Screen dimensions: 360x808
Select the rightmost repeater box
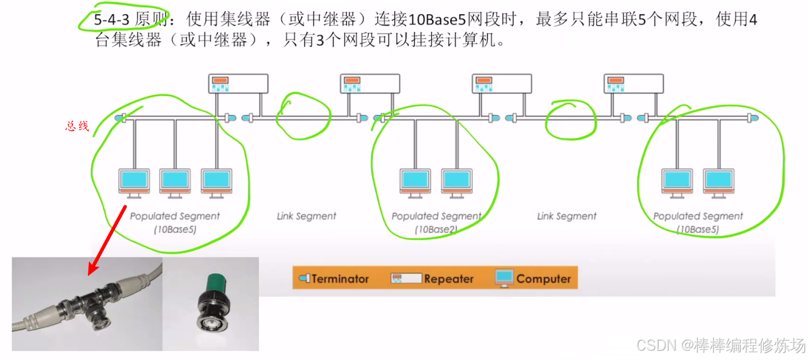click(x=634, y=84)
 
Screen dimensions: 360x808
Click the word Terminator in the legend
click(x=340, y=279)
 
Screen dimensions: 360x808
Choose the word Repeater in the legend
click(x=449, y=279)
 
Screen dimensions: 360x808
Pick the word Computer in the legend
click(x=543, y=279)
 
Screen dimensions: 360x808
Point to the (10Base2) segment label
click(x=436, y=230)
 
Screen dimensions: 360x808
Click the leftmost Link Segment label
click(x=307, y=216)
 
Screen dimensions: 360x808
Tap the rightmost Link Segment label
click(x=567, y=216)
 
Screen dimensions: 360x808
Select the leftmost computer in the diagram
click(x=134, y=183)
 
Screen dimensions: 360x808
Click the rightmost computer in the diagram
click(x=718, y=183)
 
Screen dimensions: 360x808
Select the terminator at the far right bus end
click(x=751, y=118)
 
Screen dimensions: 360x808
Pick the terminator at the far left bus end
click(x=120, y=118)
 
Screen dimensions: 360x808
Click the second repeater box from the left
click(x=370, y=84)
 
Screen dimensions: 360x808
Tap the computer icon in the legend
click(x=504, y=278)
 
